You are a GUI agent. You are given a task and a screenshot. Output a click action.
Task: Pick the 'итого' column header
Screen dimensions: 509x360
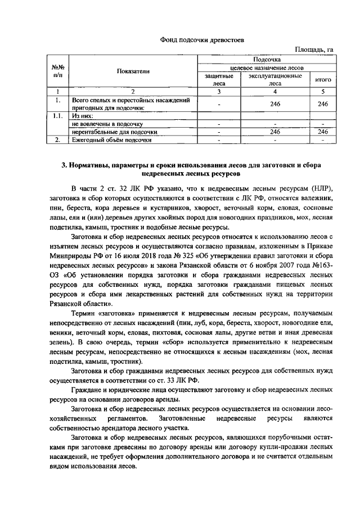[322, 80]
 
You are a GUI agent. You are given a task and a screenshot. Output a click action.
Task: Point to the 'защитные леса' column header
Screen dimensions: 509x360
[218, 79]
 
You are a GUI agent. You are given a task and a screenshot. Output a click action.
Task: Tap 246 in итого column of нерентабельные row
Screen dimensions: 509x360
[322, 131]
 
